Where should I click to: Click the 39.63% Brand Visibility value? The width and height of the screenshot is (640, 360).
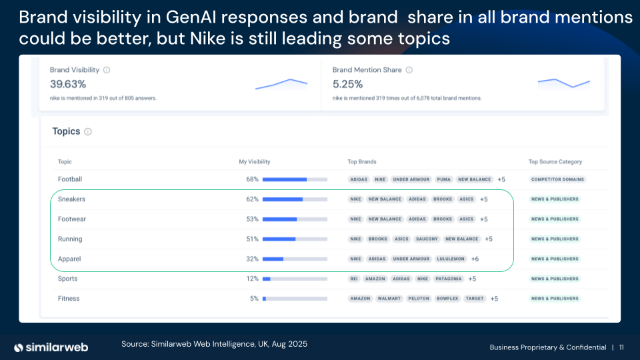point(68,84)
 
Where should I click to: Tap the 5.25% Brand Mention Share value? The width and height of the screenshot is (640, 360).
point(347,84)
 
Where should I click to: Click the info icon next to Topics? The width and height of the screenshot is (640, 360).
point(88,132)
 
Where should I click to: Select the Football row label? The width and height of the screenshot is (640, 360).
point(70,179)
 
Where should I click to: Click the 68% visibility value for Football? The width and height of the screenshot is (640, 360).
point(252,179)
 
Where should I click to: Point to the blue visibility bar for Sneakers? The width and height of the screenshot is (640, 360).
point(283,199)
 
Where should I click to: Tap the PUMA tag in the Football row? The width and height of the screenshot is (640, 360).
point(443,179)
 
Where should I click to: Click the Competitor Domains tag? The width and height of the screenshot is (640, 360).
point(558,179)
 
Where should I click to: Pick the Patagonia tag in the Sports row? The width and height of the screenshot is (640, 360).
point(449,279)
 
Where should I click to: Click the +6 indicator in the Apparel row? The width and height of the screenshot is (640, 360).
point(475,259)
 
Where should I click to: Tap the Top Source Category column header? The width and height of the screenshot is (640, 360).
point(555,161)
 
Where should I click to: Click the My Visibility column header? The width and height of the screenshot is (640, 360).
point(255,161)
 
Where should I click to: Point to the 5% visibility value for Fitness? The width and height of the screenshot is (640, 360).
point(254,299)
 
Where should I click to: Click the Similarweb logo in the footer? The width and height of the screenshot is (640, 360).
point(52,347)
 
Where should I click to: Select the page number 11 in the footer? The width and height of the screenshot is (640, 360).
point(621,347)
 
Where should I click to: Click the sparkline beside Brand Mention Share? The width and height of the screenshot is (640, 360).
point(564,83)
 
